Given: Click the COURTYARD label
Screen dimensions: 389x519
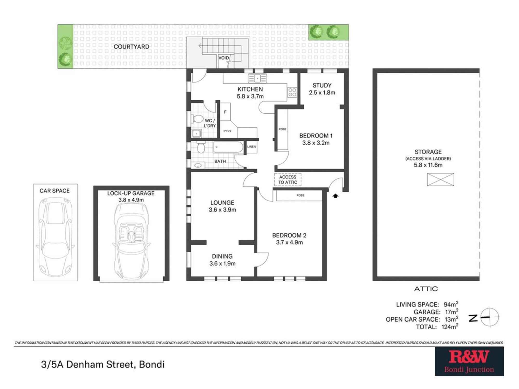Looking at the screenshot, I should pos(131,47).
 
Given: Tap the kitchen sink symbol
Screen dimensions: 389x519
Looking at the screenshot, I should pos(257,78).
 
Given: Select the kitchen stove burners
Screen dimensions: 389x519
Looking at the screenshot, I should pos(292,92).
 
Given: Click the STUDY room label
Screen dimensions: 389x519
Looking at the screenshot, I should pos(322,85).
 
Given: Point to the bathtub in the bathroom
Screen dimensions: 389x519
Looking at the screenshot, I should pos(228,147).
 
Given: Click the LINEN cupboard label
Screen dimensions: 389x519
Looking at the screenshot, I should pos(251,147).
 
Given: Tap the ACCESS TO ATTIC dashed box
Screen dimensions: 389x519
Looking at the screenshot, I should pos(288,179).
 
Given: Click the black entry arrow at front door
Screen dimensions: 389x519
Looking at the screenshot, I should pos(336,196).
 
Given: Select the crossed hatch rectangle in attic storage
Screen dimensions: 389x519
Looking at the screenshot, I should pos(440,179).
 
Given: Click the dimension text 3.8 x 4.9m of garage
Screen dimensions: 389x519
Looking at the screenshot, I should pos(131,200).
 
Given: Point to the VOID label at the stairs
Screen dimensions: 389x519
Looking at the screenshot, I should pos(223,58).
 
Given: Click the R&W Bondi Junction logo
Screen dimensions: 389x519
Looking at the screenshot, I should pos(469,362).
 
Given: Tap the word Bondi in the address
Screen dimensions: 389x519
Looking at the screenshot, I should pos(152,364).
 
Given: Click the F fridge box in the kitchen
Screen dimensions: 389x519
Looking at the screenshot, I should pos(225,112).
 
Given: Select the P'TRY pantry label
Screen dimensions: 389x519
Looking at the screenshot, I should pos(227,131).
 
